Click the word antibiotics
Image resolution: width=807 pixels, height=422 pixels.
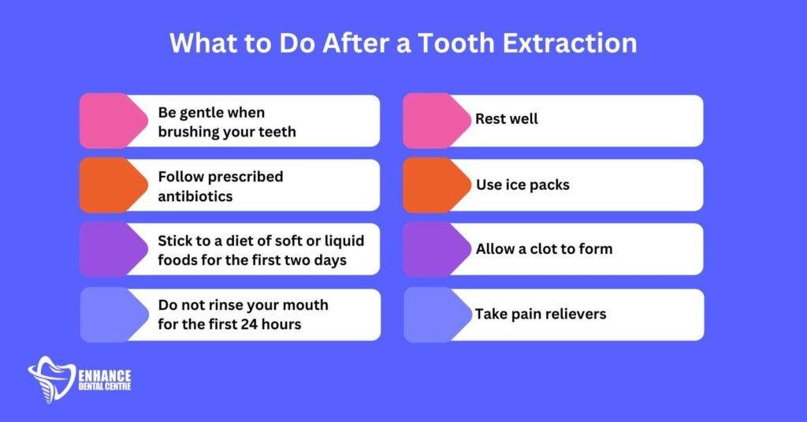tap(195, 196)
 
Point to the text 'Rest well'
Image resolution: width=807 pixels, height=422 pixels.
tap(507, 119)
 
